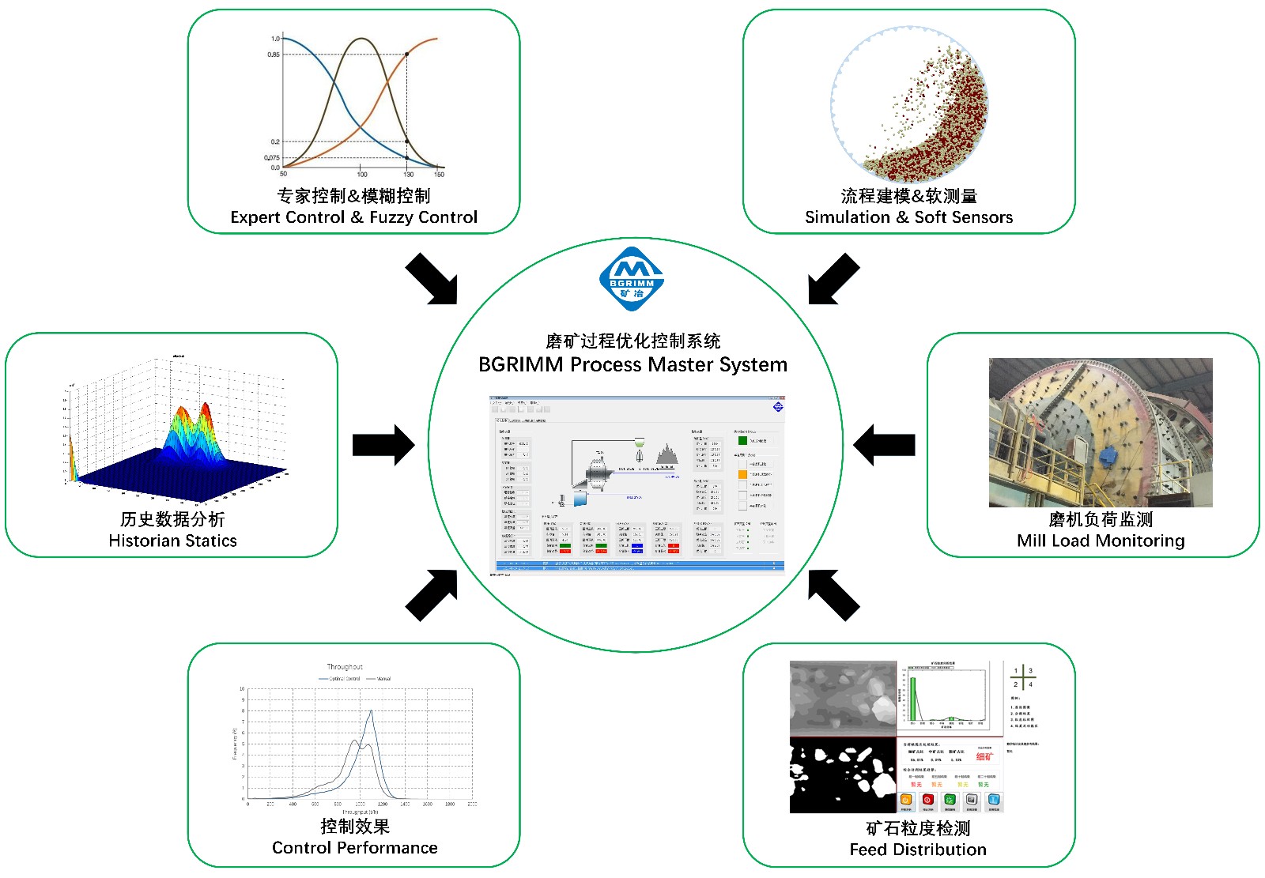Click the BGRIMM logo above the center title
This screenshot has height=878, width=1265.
pyautogui.click(x=632, y=279)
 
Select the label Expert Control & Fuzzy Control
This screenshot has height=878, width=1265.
pyautogui.click(x=353, y=217)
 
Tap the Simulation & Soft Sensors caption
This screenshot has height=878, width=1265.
pyautogui.click(x=908, y=217)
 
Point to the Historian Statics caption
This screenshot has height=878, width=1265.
pyautogui.click(x=172, y=541)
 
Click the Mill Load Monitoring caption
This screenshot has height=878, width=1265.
pyautogui.click(x=1101, y=541)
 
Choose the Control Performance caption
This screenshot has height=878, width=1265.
pyautogui.click(x=354, y=848)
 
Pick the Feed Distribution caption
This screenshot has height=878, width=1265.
pyautogui.click(x=918, y=850)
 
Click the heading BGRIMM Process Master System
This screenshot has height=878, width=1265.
pyautogui.click(x=632, y=365)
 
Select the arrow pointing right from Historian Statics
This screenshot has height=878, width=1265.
pyautogui.click(x=383, y=445)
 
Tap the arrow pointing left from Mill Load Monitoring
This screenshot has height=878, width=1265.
pyautogui.click(x=884, y=445)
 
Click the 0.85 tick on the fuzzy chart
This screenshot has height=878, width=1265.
pyautogui.click(x=273, y=55)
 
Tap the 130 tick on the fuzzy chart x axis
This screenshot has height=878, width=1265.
pyautogui.click(x=408, y=174)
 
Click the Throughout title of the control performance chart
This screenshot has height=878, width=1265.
pyautogui.click(x=345, y=667)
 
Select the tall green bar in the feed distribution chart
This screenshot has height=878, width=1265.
pyautogui.click(x=913, y=699)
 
